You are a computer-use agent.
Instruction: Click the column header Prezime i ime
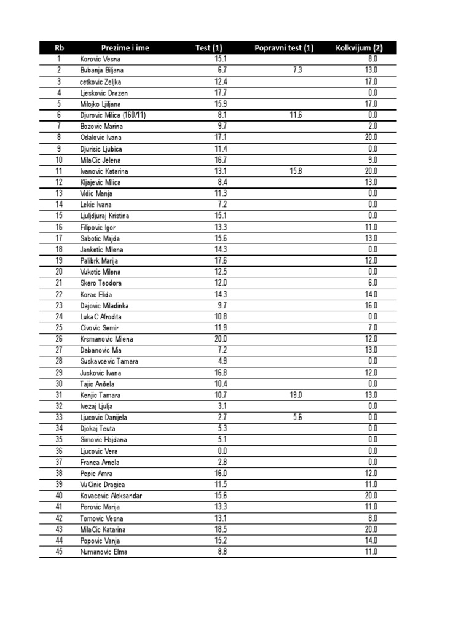[x=125, y=47]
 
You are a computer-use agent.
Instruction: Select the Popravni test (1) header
[x=284, y=47]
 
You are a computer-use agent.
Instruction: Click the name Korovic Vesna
[x=100, y=59]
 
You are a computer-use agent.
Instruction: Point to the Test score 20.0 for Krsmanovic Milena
[x=221, y=339]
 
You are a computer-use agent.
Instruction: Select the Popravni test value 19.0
[x=296, y=395]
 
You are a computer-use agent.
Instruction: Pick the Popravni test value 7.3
[x=297, y=70]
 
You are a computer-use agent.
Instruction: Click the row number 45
[x=59, y=552]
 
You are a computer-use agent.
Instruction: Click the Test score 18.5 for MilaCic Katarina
[x=221, y=529]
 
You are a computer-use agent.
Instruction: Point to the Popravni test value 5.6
[x=297, y=417]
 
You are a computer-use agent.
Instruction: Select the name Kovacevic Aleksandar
[x=111, y=496]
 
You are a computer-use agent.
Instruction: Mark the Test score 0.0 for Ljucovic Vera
[x=222, y=451]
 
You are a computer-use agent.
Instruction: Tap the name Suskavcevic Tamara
[x=109, y=361]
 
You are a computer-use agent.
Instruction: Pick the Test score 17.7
[x=221, y=93]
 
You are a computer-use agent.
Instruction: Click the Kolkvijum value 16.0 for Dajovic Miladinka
[x=371, y=305]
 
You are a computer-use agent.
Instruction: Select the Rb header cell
[x=59, y=47]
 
